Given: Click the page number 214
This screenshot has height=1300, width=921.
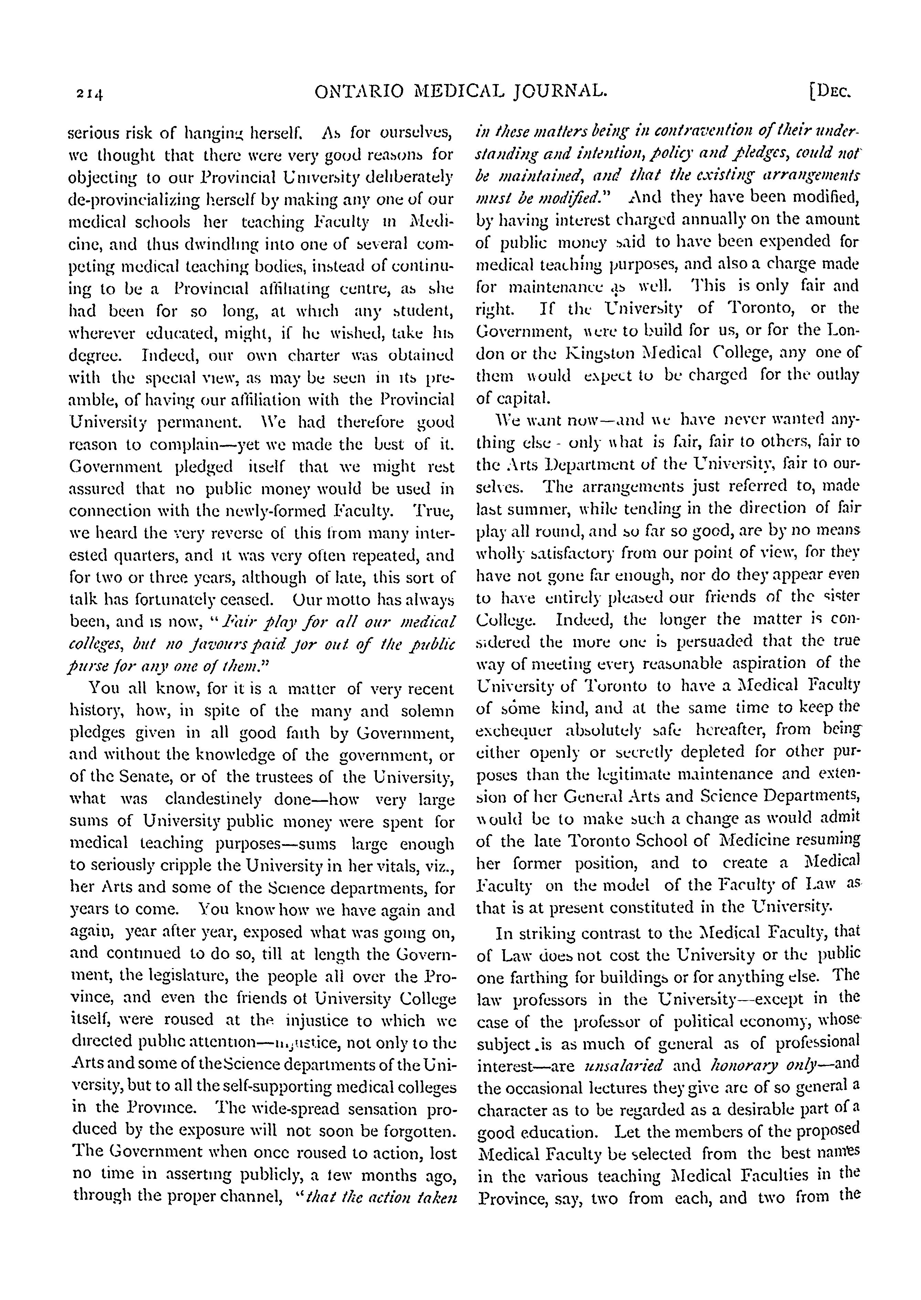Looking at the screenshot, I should [88, 93].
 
